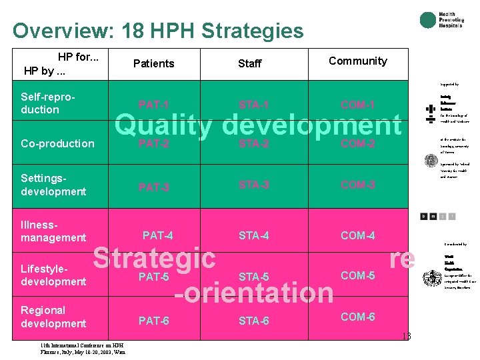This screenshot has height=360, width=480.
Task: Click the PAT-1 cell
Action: point(153,105)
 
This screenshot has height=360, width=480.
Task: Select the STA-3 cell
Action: point(253,185)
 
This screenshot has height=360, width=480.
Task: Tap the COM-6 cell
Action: point(358,317)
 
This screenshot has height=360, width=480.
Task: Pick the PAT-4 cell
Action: point(157,235)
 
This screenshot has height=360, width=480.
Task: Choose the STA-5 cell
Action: point(253,277)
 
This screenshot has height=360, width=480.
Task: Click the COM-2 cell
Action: point(358,143)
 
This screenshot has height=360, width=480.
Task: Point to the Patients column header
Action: point(153,63)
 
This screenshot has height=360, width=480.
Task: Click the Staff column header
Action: point(250,63)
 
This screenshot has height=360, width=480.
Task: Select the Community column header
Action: point(358,61)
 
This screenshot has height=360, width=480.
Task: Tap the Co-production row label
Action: point(57,143)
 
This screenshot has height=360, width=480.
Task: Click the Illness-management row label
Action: point(53,231)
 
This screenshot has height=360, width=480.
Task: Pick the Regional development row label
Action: point(53,317)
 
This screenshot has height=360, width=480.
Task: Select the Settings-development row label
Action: point(53,185)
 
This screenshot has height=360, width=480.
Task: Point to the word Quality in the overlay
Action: point(164,125)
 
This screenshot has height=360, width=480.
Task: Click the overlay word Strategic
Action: point(154,258)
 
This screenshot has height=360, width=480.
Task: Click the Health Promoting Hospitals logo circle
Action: point(427,21)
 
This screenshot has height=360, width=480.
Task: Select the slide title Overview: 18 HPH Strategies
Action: point(158,31)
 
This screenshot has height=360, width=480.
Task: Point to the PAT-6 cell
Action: point(153,321)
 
